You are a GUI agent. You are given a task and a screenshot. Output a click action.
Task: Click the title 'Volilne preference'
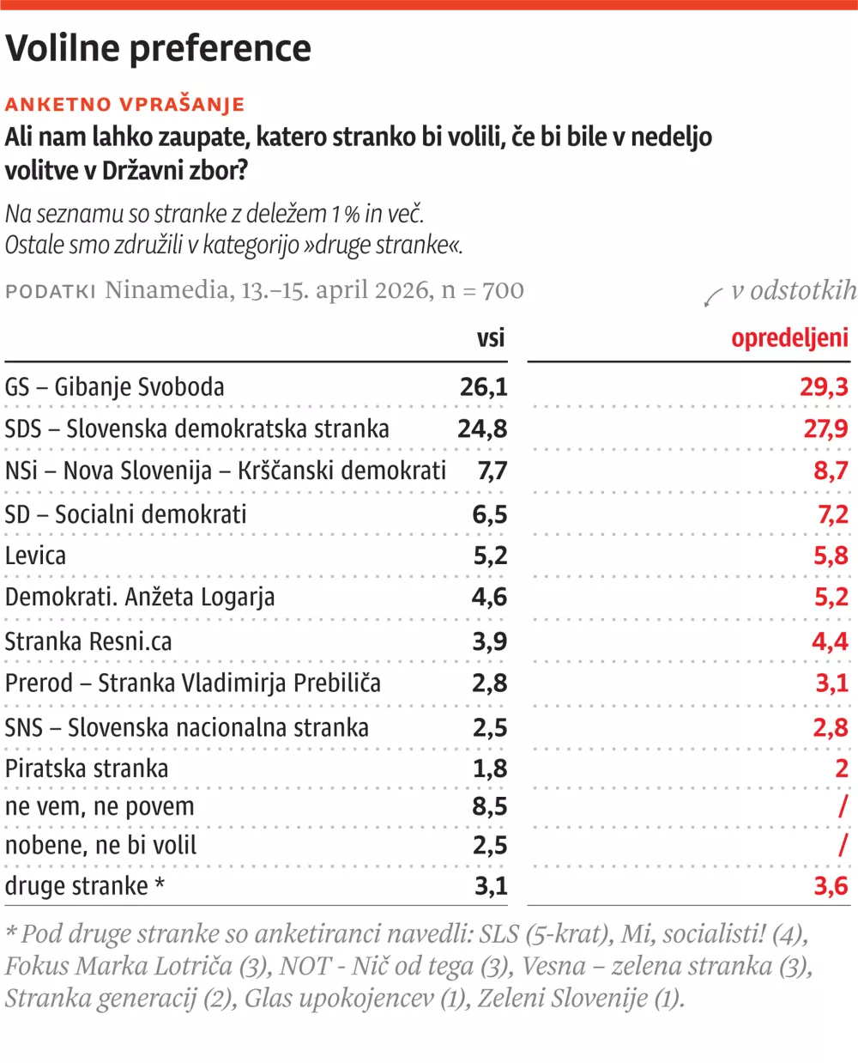pos(159,48)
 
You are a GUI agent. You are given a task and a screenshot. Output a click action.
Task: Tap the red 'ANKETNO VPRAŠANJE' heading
pos(125,105)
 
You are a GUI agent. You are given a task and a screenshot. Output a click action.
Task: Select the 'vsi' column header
pos(491,337)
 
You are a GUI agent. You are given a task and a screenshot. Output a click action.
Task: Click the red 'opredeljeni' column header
pos(789,337)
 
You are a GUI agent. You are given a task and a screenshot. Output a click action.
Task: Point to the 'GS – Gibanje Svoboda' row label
pos(115,387)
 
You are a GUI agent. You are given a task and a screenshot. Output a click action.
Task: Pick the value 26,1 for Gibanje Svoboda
pos(483,387)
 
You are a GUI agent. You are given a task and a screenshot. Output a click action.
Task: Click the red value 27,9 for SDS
pos(825,428)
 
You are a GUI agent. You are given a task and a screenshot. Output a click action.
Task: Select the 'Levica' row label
pos(35,556)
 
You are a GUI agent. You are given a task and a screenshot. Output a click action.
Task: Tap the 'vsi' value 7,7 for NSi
pos(492,471)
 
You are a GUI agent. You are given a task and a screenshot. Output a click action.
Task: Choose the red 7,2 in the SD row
pos(831,514)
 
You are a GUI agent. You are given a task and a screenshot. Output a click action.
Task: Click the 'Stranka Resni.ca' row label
pos(88,641)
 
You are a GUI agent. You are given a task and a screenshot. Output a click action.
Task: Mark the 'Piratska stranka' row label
pos(87,768)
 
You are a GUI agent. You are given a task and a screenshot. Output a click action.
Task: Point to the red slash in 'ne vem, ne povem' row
pos(843,806)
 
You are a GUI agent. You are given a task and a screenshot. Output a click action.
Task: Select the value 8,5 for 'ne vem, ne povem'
pos(490,806)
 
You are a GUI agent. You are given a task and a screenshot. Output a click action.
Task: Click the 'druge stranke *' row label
pos(85,886)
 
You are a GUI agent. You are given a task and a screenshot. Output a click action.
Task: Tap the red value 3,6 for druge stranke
pos(831,886)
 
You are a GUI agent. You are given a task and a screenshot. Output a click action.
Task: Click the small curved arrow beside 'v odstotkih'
pos(713,297)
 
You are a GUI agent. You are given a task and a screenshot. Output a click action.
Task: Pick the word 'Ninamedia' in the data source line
pos(166,290)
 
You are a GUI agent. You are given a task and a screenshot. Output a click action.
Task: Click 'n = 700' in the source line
pos(482,290)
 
